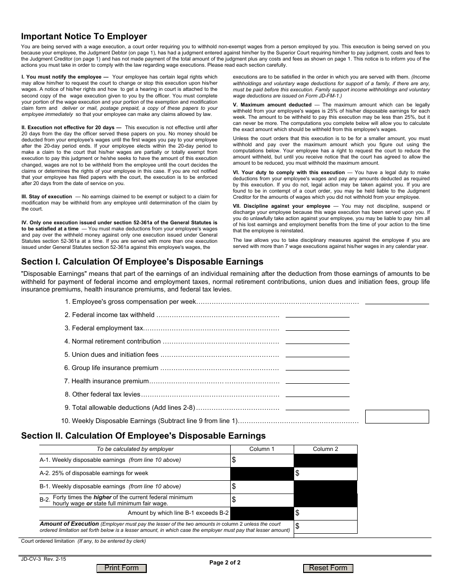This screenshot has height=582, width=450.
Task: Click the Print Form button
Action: tap(121, 568)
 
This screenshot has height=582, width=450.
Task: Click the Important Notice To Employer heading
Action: tap(84, 36)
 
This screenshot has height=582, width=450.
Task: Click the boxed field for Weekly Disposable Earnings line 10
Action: tap(397, 416)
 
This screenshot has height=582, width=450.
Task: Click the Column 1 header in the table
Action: tap(262, 449)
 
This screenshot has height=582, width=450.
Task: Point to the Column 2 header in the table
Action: tap(325, 449)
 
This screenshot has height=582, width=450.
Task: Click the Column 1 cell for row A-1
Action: tap(262, 460)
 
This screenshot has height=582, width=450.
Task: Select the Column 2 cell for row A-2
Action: tap(325, 474)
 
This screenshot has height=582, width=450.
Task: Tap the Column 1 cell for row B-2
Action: tap(262, 500)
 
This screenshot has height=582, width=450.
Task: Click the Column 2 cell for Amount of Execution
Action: tap(325, 527)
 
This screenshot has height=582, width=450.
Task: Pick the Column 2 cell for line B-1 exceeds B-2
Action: tap(325, 513)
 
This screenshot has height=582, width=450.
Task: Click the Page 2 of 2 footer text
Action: tap(225, 563)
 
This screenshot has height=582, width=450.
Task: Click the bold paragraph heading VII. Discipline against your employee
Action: tap(281, 206)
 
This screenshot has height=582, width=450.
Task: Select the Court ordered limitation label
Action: tap(48, 541)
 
